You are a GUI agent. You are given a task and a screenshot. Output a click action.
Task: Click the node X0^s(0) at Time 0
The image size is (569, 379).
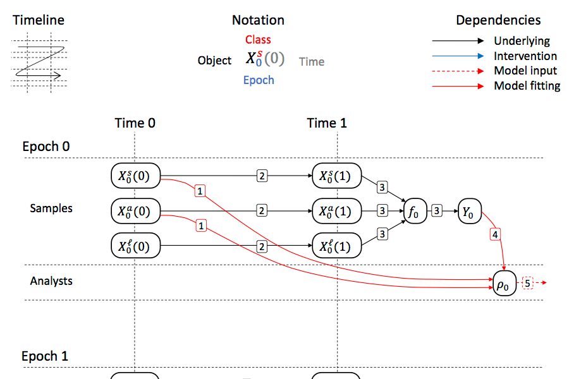tap(135, 176)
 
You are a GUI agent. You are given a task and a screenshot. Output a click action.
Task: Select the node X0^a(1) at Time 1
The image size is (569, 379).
tap(336, 211)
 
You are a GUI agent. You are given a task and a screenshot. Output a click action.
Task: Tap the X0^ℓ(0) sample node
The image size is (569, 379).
tap(135, 245)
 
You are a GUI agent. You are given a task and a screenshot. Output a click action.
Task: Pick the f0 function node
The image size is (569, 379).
tap(414, 211)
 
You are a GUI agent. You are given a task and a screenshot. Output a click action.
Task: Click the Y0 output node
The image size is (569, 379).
tap(468, 211)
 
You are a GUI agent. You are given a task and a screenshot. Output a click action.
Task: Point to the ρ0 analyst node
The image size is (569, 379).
tap(504, 284)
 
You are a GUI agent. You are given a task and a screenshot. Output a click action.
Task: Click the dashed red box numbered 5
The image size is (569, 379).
tap(529, 283)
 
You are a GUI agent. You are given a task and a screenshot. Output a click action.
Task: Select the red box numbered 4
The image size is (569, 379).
tap(495, 234)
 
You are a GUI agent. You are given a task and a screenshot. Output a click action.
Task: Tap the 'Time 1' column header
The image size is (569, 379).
tap(327, 123)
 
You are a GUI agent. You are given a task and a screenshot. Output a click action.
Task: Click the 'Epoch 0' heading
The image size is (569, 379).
tap(46, 147)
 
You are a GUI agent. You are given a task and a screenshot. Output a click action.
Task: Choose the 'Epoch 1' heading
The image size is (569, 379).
tap(45, 356)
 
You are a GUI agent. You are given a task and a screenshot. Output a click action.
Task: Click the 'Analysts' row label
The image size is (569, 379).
tap(51, 280)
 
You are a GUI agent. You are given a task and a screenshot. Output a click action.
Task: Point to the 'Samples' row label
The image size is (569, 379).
tap(51, 208)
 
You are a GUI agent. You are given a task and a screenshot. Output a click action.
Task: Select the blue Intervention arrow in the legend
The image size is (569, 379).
tap(458, 56)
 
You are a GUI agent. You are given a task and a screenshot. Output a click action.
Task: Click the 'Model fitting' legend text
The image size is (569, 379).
tap(527, 86)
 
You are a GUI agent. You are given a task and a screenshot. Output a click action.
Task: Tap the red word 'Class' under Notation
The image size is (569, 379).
tap(258, 40)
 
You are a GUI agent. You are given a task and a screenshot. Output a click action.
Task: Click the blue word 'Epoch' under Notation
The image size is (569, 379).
tap(259, 80)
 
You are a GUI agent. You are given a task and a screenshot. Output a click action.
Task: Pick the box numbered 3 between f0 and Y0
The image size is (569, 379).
tap(437, 211)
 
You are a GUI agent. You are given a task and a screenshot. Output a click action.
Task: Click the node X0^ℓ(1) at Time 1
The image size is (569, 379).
tap(336, 245)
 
